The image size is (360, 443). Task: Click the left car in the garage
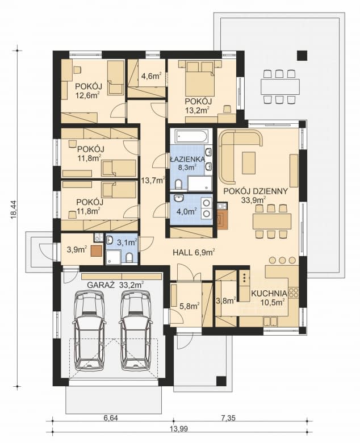[x=88, y=329]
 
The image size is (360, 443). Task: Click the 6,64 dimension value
[x=110, y=418]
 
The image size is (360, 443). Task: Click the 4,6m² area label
[x=151, y=75]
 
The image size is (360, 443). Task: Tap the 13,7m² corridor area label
[x=152, y=181]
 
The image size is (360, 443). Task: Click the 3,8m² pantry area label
[x=227, y=302]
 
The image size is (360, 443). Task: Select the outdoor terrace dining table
[x=279, y=87]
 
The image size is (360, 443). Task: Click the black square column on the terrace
[x=302, y=56]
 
